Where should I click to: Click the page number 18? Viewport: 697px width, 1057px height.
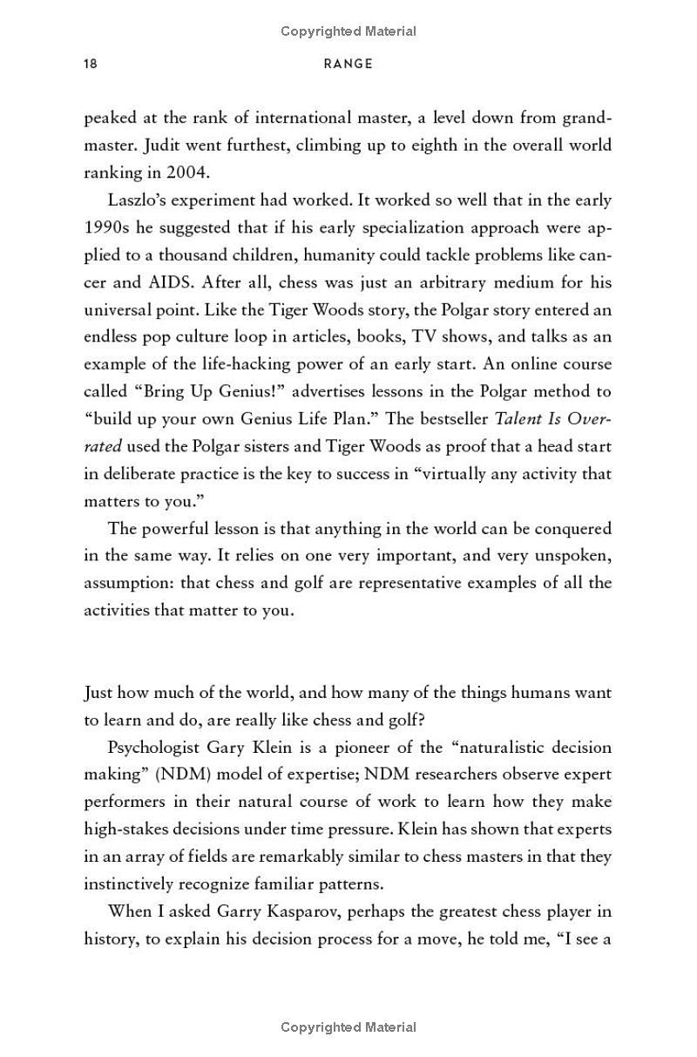click(91, 64)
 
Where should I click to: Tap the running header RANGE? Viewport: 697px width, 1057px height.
click(348, 64)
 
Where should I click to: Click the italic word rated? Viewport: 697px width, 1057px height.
click(102, 446)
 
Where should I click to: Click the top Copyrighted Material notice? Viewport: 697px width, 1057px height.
click(348, 31)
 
